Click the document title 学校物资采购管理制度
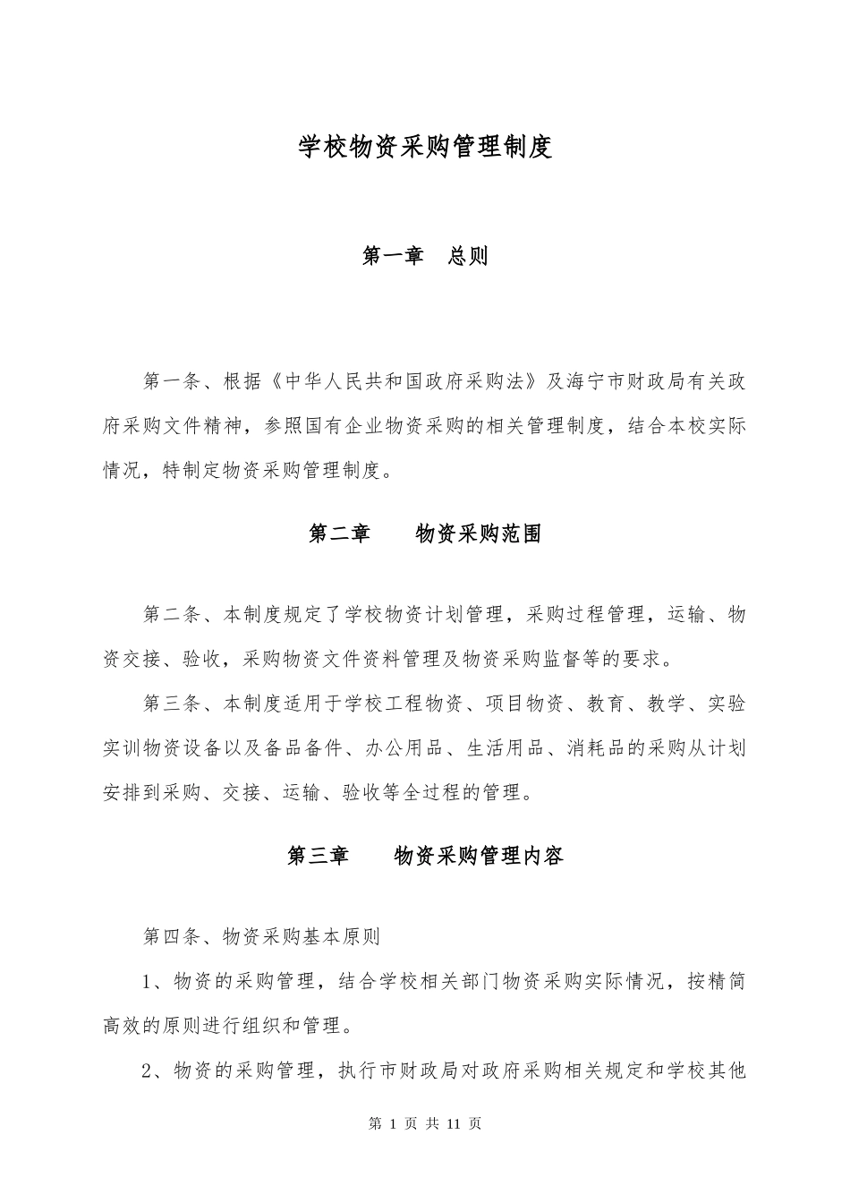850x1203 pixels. coord(425,147)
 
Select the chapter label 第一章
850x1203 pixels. coord(393,256)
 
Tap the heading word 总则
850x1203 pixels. coord(468,256)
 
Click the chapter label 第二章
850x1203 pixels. coord(339,534)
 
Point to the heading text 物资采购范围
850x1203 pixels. coord(479,534)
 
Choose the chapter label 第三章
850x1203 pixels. coord(318,856)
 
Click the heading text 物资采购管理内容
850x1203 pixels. coord(479,856)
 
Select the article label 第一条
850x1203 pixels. coord(172,382)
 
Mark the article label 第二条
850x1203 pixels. coord(172,615)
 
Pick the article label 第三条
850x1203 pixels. coord(172,704)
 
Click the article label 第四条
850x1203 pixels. coord(172,937)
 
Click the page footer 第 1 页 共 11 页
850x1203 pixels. coord(425,1123)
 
